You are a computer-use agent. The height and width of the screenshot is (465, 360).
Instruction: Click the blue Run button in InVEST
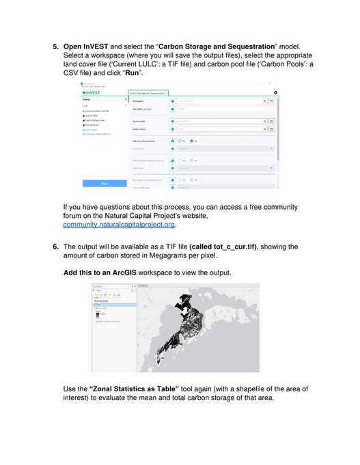pyautogui.click(x=104, y=183)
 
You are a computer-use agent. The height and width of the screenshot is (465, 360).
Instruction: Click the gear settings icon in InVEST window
pyautogui.click(x=275, y=91)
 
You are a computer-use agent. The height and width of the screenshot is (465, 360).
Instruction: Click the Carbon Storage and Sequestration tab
pyautogui.click(x=148, y=92)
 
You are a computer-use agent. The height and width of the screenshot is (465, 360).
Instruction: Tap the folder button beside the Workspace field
pyautogui.click(x=272, y=101)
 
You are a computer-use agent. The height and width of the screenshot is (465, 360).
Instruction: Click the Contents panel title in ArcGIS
pyautogui.click(x=96, y=287)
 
